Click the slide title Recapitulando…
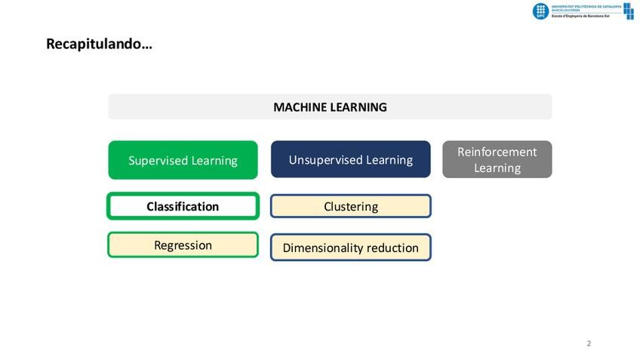click(99, 44)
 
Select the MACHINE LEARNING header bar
click(330, 106)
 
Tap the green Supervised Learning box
click(183, 160)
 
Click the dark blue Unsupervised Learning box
click(350, 159)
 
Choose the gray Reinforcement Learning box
click(497, 159)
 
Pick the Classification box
click(183, 206)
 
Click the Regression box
click(183, 245)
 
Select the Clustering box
click(350, 206)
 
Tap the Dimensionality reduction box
click(350, 248)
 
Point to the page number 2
click(589, 343)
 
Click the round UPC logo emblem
click(540, 11)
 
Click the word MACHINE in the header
click(298, 107)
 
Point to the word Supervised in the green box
click(157, 161)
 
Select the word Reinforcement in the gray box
click(497, 152)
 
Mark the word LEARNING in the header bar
click(357, 107)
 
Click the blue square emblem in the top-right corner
click(629, 11)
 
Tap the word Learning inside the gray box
click(497, 168)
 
